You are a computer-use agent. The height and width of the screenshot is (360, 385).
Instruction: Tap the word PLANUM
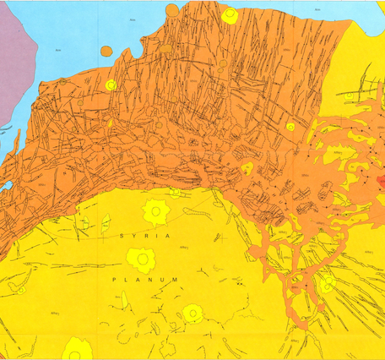pos(152,278)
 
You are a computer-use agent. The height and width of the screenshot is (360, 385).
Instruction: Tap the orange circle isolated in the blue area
pos(106,51)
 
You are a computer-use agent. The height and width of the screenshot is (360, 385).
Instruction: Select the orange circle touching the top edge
pos(172,9)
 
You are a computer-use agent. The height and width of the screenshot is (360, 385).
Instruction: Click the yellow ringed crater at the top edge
pos(229,15)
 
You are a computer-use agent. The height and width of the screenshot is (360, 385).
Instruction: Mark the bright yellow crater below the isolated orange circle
pos(111,85)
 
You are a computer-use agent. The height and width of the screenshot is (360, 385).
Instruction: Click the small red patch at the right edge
pos(381,182)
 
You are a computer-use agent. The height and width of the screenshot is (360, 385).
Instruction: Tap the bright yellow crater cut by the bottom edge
pos(78,349)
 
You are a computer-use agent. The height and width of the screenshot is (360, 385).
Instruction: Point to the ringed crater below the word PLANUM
pos(193,314)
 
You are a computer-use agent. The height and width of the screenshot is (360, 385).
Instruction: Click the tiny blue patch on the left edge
pos(4,185)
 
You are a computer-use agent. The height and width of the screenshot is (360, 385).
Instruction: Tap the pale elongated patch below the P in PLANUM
pos(124,300)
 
